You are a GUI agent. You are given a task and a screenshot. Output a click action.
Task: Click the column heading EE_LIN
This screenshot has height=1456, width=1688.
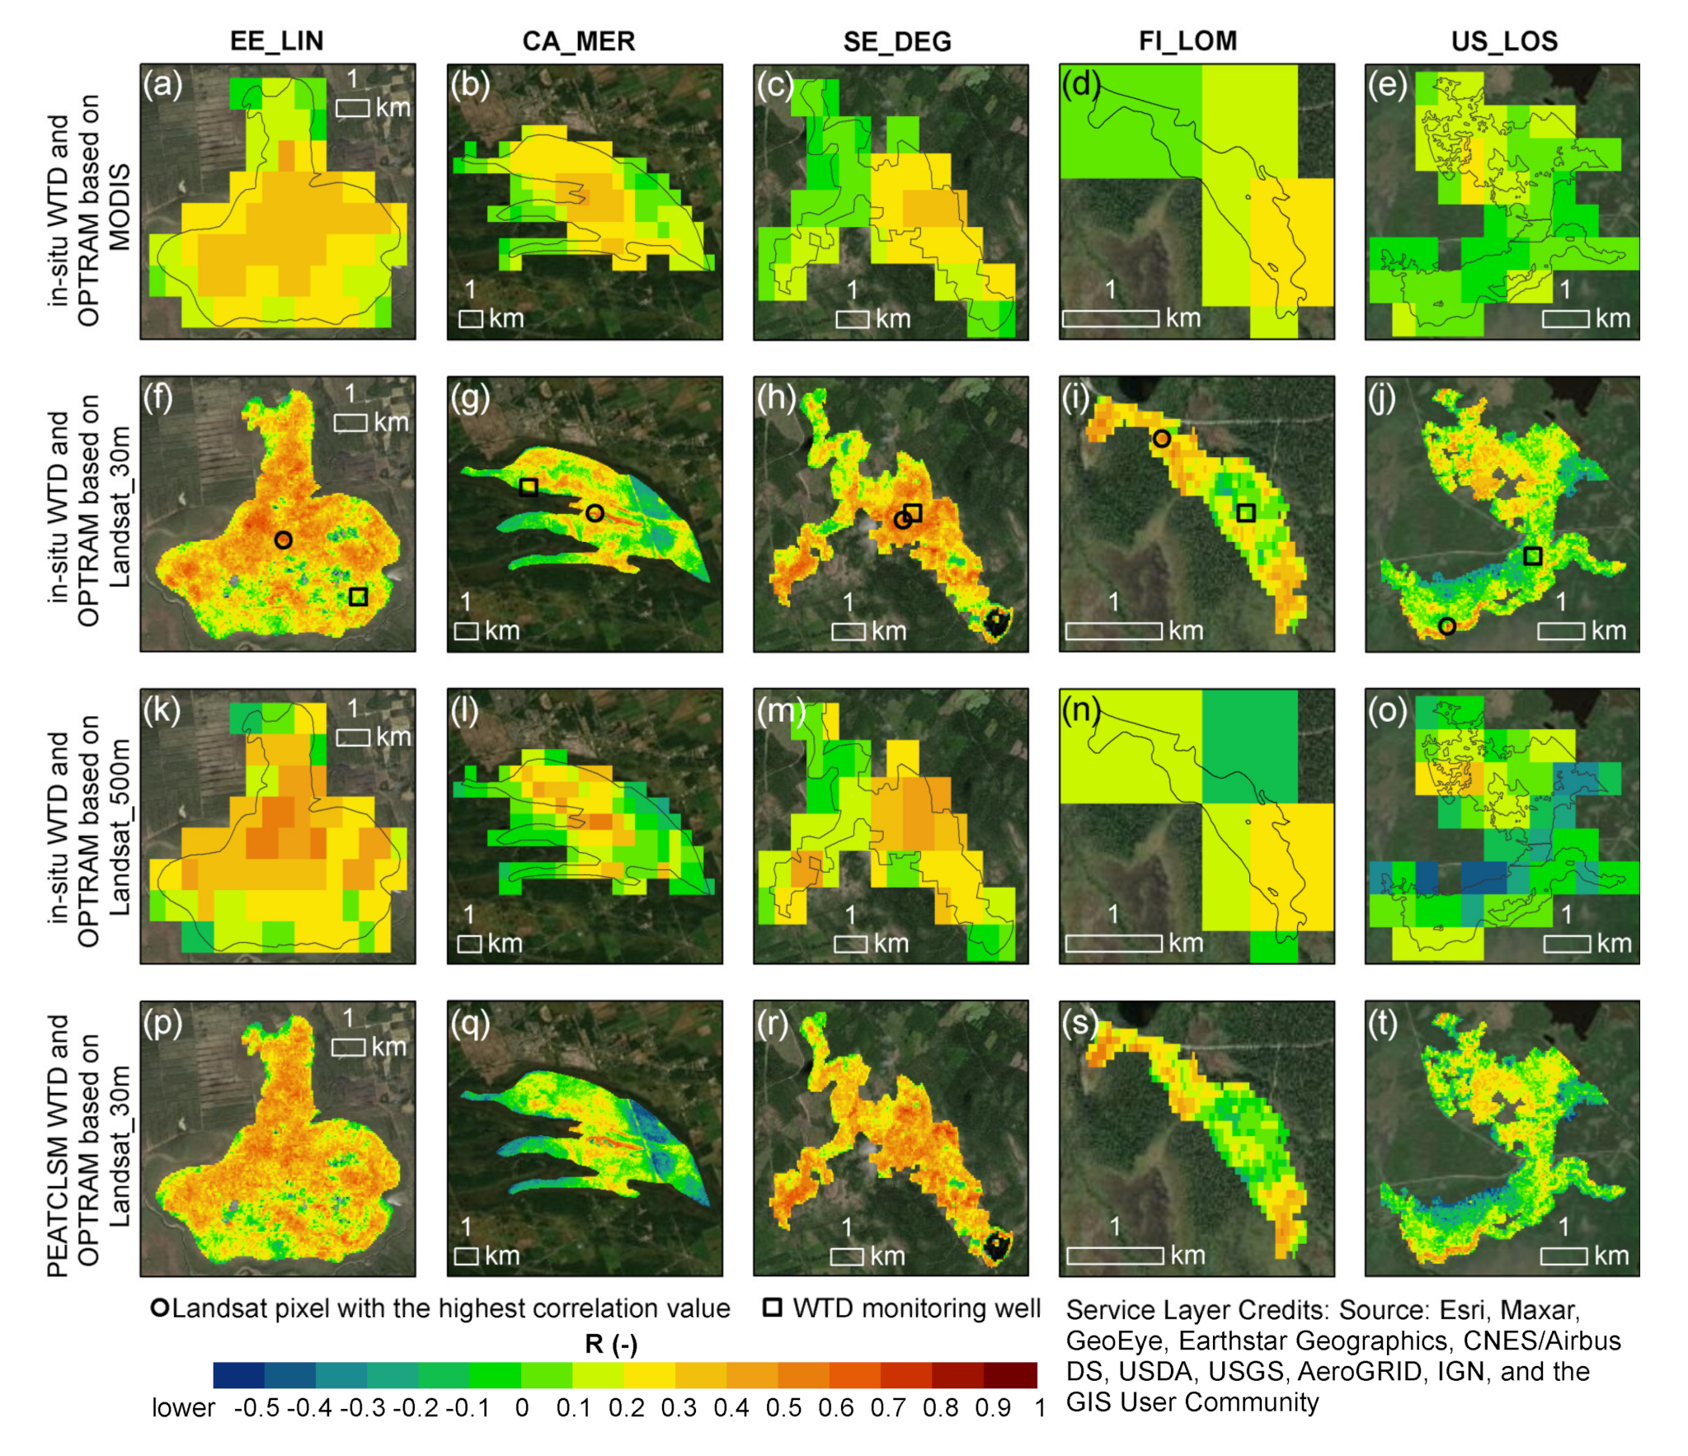click(x=276, y=40)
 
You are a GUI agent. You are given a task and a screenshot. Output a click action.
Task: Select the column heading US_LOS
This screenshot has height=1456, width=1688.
click(x=1503, y=40)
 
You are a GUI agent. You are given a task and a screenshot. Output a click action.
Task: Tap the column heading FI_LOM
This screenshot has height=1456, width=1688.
click(x=1187, y=40)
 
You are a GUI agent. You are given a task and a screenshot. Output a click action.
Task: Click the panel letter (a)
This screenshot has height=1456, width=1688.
click(x=162, y=84)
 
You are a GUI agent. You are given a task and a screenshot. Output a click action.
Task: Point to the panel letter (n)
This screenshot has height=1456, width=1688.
click(x=1081, y=709)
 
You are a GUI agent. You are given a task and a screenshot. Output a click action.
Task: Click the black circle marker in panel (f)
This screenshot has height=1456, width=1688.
click(x=283, y=540)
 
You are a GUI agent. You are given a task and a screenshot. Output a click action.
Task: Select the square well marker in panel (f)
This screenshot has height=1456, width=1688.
click(x=358, y=596)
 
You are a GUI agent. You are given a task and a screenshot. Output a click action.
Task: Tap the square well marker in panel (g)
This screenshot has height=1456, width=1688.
click(x=529, y=487)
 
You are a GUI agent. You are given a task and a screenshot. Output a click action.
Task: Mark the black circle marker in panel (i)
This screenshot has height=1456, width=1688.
click(x=1161, y=438)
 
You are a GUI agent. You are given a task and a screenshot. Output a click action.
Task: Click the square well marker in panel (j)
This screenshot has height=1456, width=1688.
click(x=1532, y=555)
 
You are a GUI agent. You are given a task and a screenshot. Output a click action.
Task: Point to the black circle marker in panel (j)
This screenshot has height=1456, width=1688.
click(x=1446, y=626)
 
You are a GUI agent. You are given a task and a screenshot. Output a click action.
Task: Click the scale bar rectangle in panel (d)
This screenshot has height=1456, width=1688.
click(x=1110, y=318)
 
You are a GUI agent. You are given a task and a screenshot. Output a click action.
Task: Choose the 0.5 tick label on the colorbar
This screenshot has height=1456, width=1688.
click(x=783, y=1407)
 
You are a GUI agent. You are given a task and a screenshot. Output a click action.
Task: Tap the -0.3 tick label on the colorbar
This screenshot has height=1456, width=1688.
click(x=363, y=1407)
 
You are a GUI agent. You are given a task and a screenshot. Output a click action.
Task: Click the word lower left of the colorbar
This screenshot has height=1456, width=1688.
click(x=183, y=1407)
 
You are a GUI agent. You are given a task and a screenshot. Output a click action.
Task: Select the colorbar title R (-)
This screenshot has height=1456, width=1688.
click(x=611, y=1344)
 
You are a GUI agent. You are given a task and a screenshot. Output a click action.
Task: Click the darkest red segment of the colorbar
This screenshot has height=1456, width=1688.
click(x=1010, y=1375)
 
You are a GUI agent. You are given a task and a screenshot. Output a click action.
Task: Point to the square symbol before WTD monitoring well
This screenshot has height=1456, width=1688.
click(x=772, y=1308)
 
